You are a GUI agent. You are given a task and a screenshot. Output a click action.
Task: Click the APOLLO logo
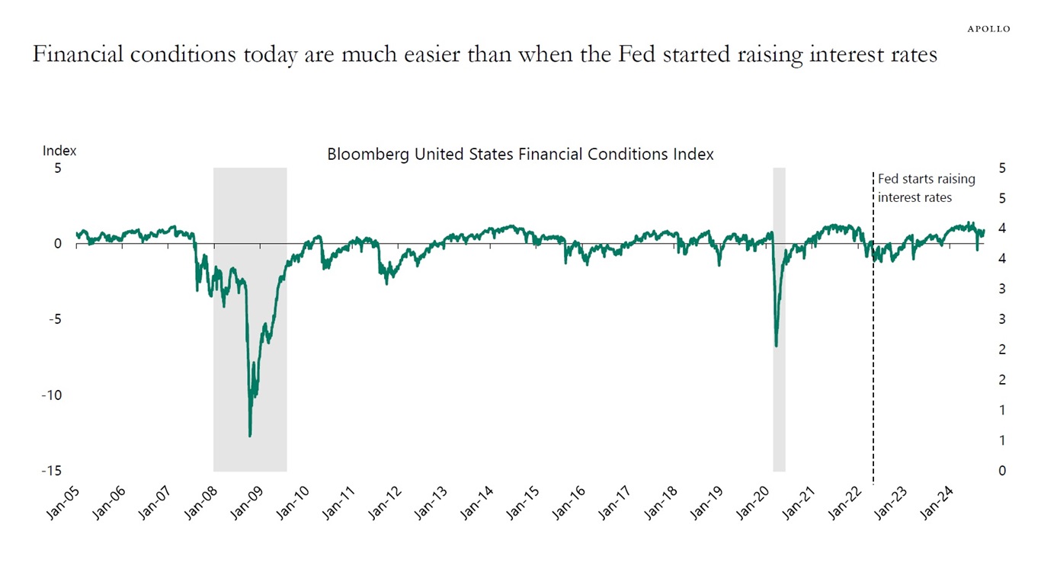[x=988, y=29]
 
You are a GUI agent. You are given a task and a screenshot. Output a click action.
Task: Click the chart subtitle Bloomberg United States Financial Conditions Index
[x=520, y=154]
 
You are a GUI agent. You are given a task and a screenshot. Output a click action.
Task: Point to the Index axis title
[x=59, y=151]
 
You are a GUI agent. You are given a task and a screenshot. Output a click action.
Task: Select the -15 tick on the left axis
[x=52, y=471]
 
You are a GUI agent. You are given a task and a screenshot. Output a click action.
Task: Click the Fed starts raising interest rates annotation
[x=925, y=188]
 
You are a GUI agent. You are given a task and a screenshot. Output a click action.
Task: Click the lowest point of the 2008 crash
[x=250, y=436]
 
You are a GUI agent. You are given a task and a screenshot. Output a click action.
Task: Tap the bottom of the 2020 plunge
[x=777, y=346]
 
